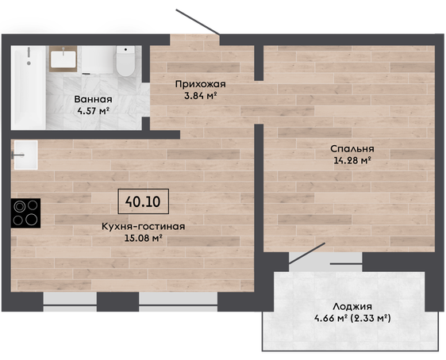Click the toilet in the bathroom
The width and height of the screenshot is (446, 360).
pyautogui.click(x=125, y=61)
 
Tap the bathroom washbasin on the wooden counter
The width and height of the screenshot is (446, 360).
pyautogui.click(x=63, y=59)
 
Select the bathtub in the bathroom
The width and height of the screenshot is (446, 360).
pyautogui.click(x=28, y=87)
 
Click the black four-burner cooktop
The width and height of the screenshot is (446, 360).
pyautogui.click(x=25, y=213)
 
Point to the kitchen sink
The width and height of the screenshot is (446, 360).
pyautogui.click(x=26, y=155)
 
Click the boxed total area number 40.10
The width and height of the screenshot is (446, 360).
pyautogui.click(x=143, y=201)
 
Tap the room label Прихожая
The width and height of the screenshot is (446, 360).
pyautogui.click(x=201, y=84)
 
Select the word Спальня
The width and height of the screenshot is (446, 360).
pyautogui.click(x=352, y=148)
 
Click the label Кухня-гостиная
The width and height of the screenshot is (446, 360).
pyautogui.click(x=144, y=227)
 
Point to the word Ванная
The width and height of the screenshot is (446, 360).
pyautogui.click(x=93, y=99)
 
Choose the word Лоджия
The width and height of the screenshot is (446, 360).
pyautogui.click(x=352, y=307)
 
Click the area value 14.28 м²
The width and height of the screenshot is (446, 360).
pyautogui.click(x=352, y=160)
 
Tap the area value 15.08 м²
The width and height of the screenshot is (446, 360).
pyautogui.click(x=144, y=238)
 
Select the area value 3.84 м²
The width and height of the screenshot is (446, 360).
pyautogui.click(x=201, y=96)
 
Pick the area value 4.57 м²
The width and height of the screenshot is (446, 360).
pyautogui.click(x=93, y=111)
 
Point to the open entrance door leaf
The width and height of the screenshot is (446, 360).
pyautogui.click(x=198, y=21)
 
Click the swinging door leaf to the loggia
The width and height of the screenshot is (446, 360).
pyautogui.click(x=307, y=254)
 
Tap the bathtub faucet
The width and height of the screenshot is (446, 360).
pyautogui.click(x=29, y=56)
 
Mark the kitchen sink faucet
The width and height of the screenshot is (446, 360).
pyautogui.click(x=17, y=155)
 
